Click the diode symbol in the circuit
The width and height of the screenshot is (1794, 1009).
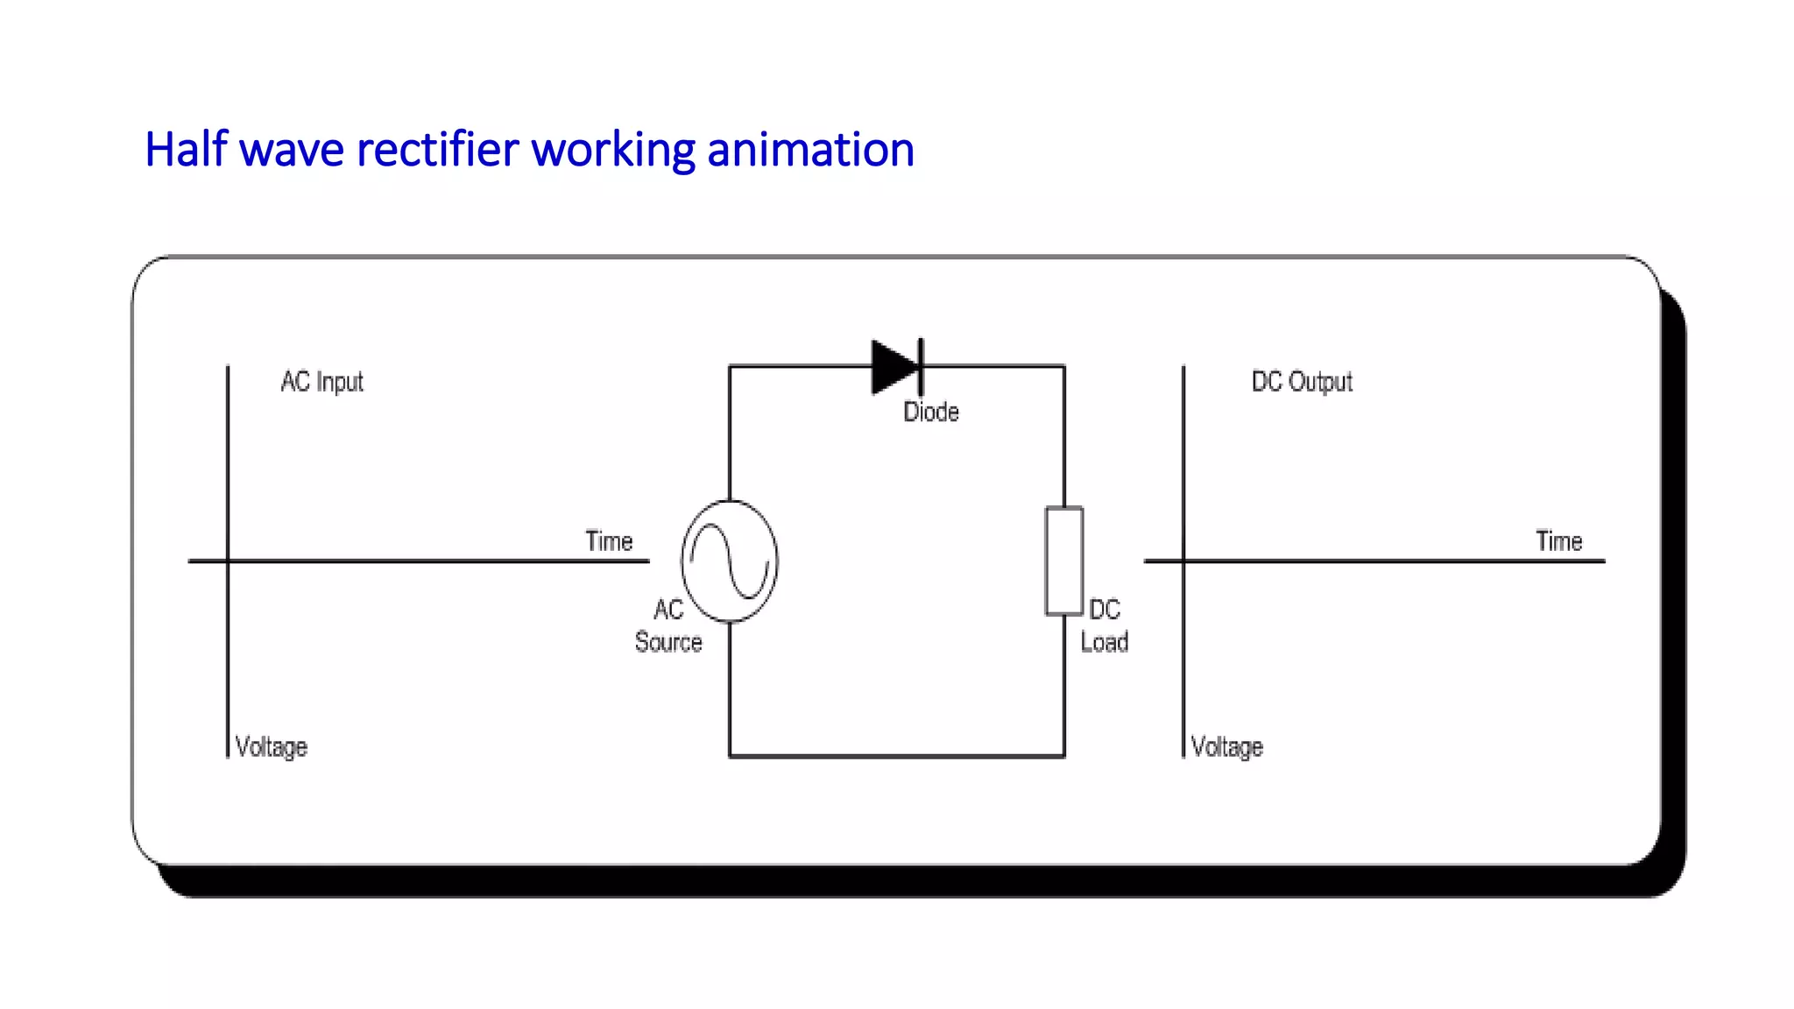pyautogui.click(x=895, y=367)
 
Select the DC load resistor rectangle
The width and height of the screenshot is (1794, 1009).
pyautogui.click(x=1063, y=561)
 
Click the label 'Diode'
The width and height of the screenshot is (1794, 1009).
pyautogui.click(x=930, y=412)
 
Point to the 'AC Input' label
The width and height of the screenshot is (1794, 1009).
pyautogui.click(x=321, y=382)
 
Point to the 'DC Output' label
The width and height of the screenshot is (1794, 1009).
pyautogui.click(x=1302, y=382)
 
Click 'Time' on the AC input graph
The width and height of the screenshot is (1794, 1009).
pyautogui.click(x=609, y=541)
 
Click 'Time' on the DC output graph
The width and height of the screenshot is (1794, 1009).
pyautogui.click(x=1558, y=541)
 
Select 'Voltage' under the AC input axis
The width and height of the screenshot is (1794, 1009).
pyautogui.click(x=272, y=747)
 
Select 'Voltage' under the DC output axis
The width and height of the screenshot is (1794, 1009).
pyautogui.click(x=1227, y=747)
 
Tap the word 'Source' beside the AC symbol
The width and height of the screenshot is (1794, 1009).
pyautogui.click(x=668, y=642)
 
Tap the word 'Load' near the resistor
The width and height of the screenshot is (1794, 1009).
pyautogui.click(x=1104, y=642)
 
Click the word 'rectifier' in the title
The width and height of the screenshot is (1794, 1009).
pyautogui.click(x=437, y=150)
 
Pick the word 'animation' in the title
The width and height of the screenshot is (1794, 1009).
pyautogui.click(x=810, y=150)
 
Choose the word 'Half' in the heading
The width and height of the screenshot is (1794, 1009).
pyautogui.click(x=186, y=150)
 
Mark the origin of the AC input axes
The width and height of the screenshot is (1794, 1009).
pyautogui.click(x=228, y=561)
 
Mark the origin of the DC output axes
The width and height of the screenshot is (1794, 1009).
pyautogui.click(x=1183, y=561)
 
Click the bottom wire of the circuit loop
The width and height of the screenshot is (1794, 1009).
pyautogui.click(x=897, y=756)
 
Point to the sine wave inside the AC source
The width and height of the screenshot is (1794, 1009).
pyautogui.click(x=730, y=561)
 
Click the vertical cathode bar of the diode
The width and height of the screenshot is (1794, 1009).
pyautogui.click(x=921, y=367)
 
